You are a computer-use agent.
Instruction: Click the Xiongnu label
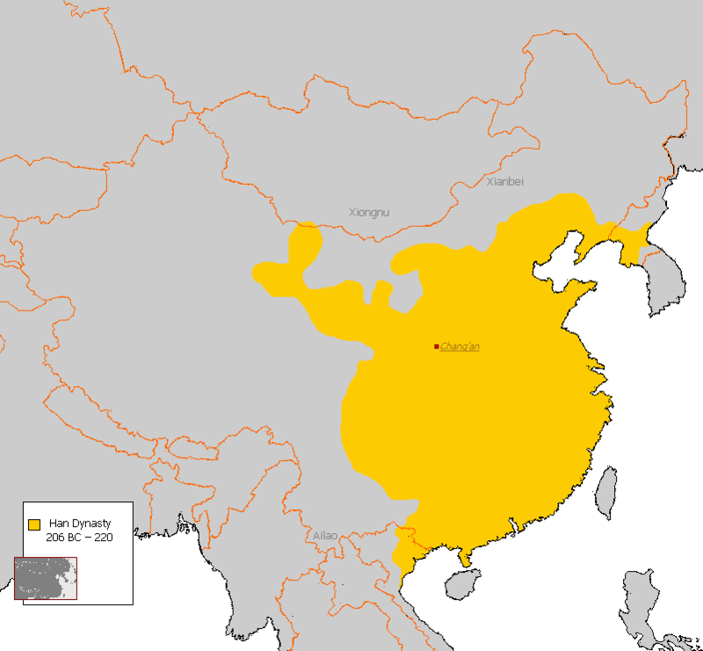tap(368, 212)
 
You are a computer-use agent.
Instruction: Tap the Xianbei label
tap(504, 181)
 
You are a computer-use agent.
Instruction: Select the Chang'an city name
tap(460, 347)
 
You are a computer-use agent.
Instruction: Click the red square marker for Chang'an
tap(436, 347)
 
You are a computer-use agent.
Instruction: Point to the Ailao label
tap(325, 535)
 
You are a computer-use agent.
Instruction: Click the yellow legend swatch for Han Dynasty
tap(34, 524)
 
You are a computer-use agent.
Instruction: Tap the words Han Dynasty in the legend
tap(80, 523)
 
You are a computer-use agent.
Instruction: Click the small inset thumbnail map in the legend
tap(45, 578)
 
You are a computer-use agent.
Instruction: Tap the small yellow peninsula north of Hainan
tap(463, 557)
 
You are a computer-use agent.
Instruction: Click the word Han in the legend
tap(59, 523)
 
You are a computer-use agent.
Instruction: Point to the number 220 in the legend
tap(103, 537)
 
